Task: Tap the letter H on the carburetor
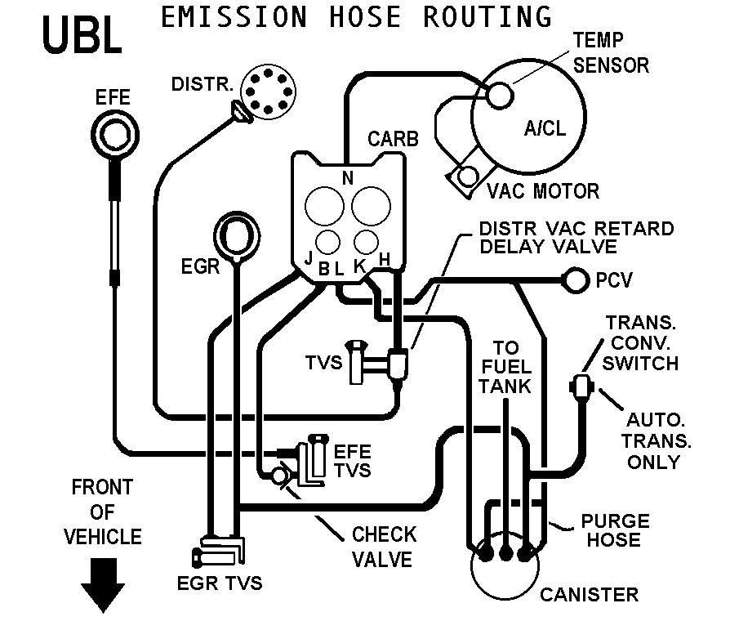384,258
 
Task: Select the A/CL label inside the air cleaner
544,128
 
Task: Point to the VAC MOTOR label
543,191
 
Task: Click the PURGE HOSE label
615,530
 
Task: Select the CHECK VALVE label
384,546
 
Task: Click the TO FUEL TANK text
505,367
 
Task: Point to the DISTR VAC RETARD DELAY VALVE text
576,237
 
